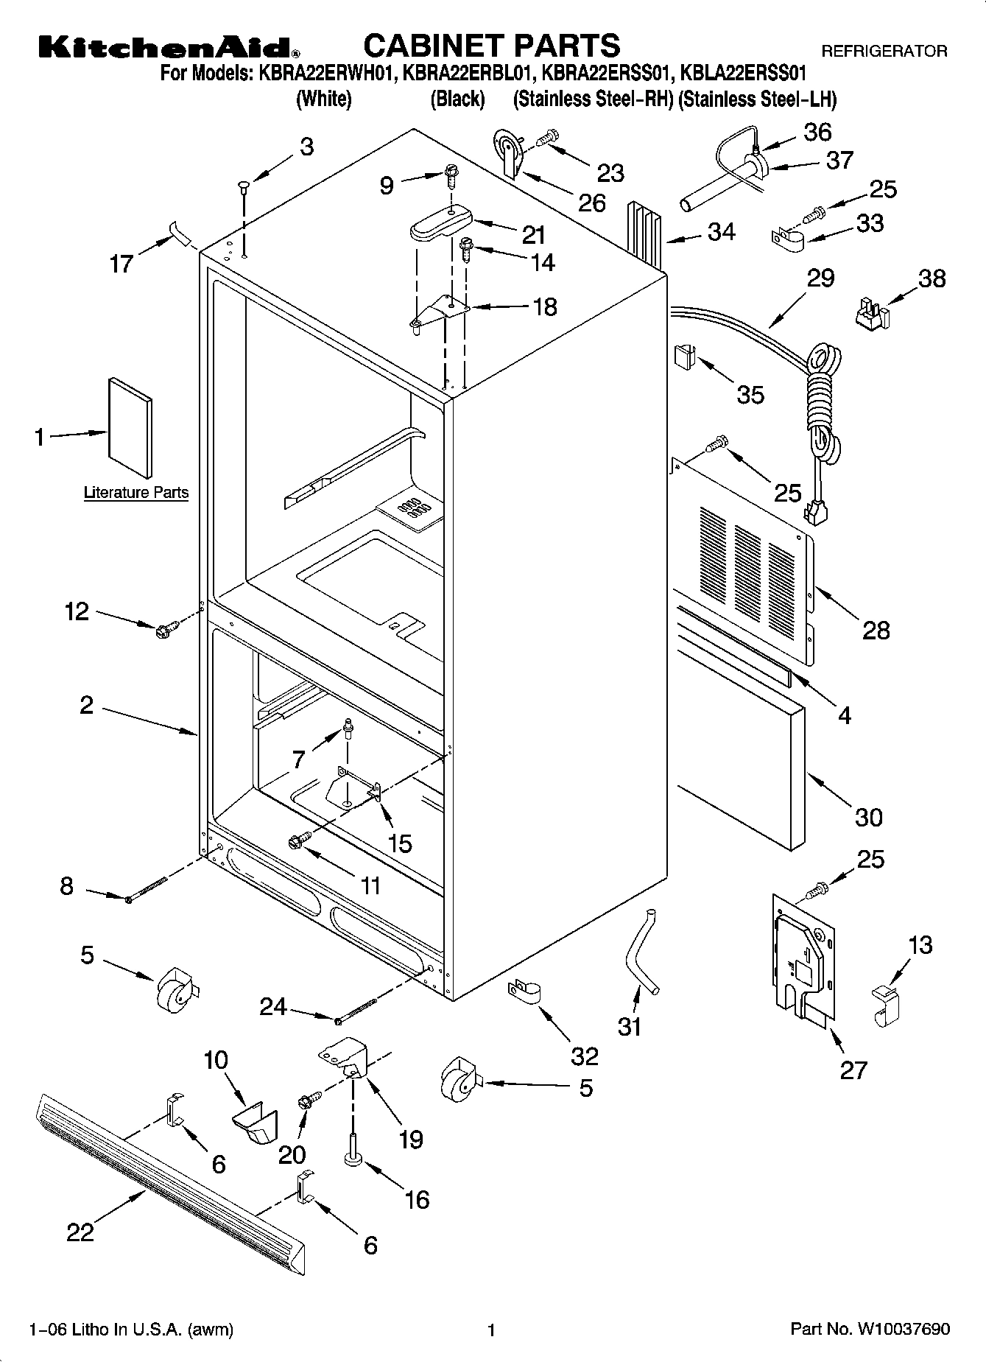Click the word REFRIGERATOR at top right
[884, 52]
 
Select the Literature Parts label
[136, 493]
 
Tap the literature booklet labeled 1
[130, 429]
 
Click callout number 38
[932, 278]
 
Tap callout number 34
[721, 231]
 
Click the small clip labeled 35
[684, 357]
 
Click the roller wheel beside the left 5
[175, 987]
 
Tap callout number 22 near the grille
[80, 1232]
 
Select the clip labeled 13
[884, 1005]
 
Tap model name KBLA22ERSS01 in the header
[744, 74]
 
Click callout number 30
[868, 817]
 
